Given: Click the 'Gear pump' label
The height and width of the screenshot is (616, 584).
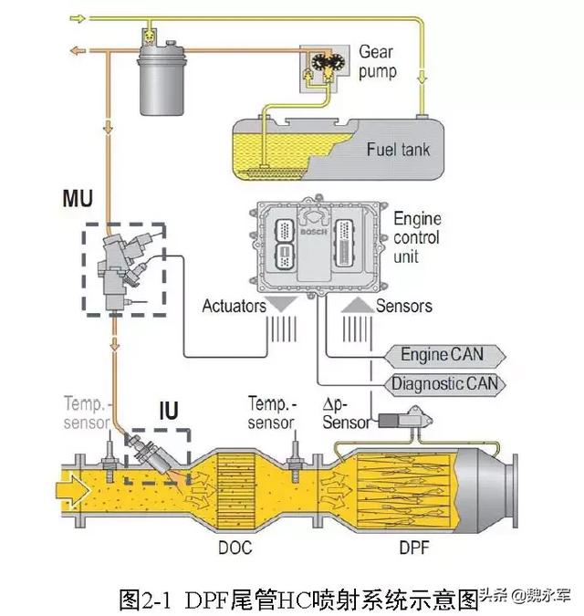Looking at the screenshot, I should pyautogui.click(x=378, y=61).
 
